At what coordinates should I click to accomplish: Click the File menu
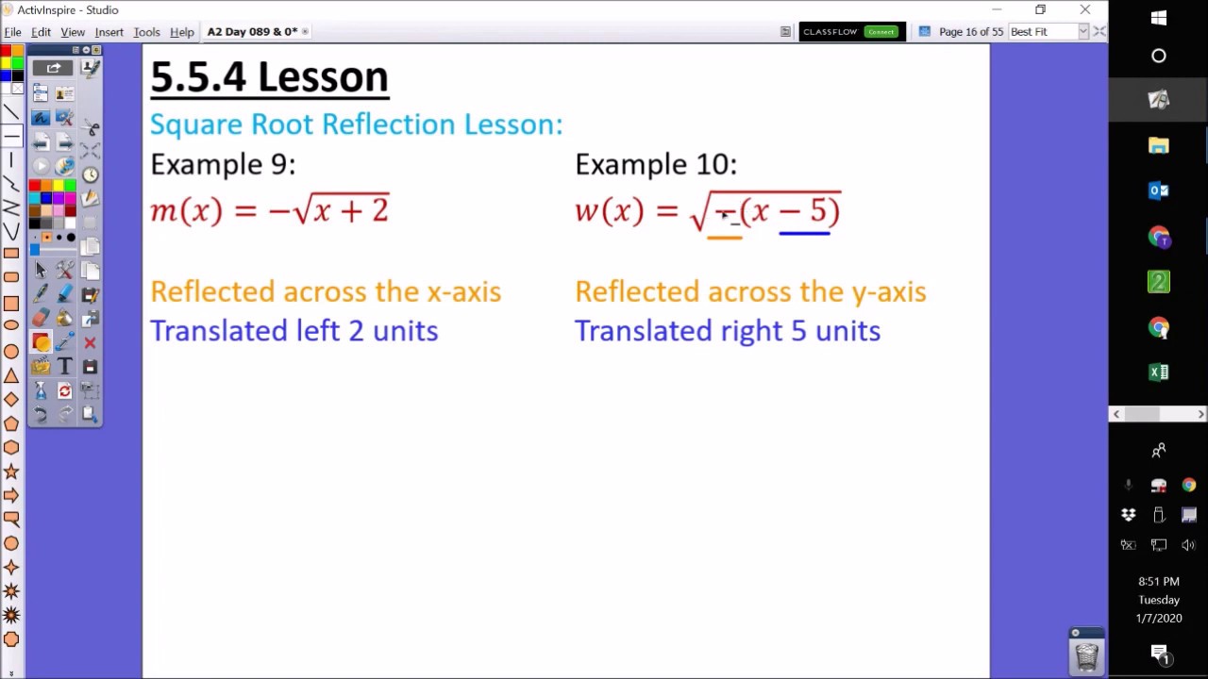(12, 32)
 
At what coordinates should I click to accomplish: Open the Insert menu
(109, 32)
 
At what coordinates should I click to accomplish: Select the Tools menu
(146, 32)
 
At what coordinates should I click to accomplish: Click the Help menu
(181, 32)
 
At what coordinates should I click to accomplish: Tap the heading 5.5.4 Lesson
(269, 77)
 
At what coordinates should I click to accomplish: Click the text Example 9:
(223, 164)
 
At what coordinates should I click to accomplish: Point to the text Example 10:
(656, 164)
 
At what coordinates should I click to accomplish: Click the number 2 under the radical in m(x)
(379, 209)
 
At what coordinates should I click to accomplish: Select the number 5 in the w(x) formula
(818, 209)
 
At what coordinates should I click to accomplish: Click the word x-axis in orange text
(463, 291)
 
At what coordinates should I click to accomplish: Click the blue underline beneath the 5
(804, 231)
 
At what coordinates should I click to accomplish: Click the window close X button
(1085, 10)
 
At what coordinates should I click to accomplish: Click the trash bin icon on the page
(1086, 654)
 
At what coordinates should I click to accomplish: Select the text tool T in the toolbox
(65, 367)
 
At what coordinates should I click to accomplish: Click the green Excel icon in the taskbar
(1159, 373)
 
